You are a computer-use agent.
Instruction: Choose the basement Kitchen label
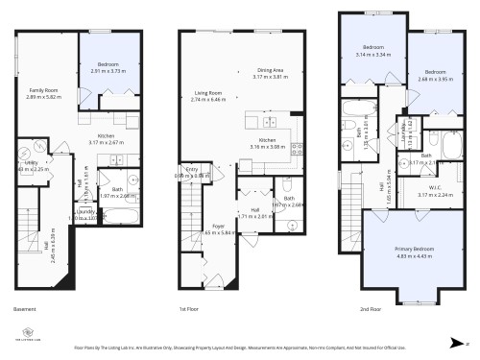pyautogui.click(x=101, y=137)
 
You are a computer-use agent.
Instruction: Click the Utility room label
pyautogui.click(x=29, y=164)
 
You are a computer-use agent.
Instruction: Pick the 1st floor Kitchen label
pyautogui.click(x=267, y=141)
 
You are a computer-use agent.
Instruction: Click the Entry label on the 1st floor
pyautogui.click(x=192, y=170)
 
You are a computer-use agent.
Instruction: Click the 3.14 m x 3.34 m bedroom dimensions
pyautogui.click(x=373, y=55)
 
